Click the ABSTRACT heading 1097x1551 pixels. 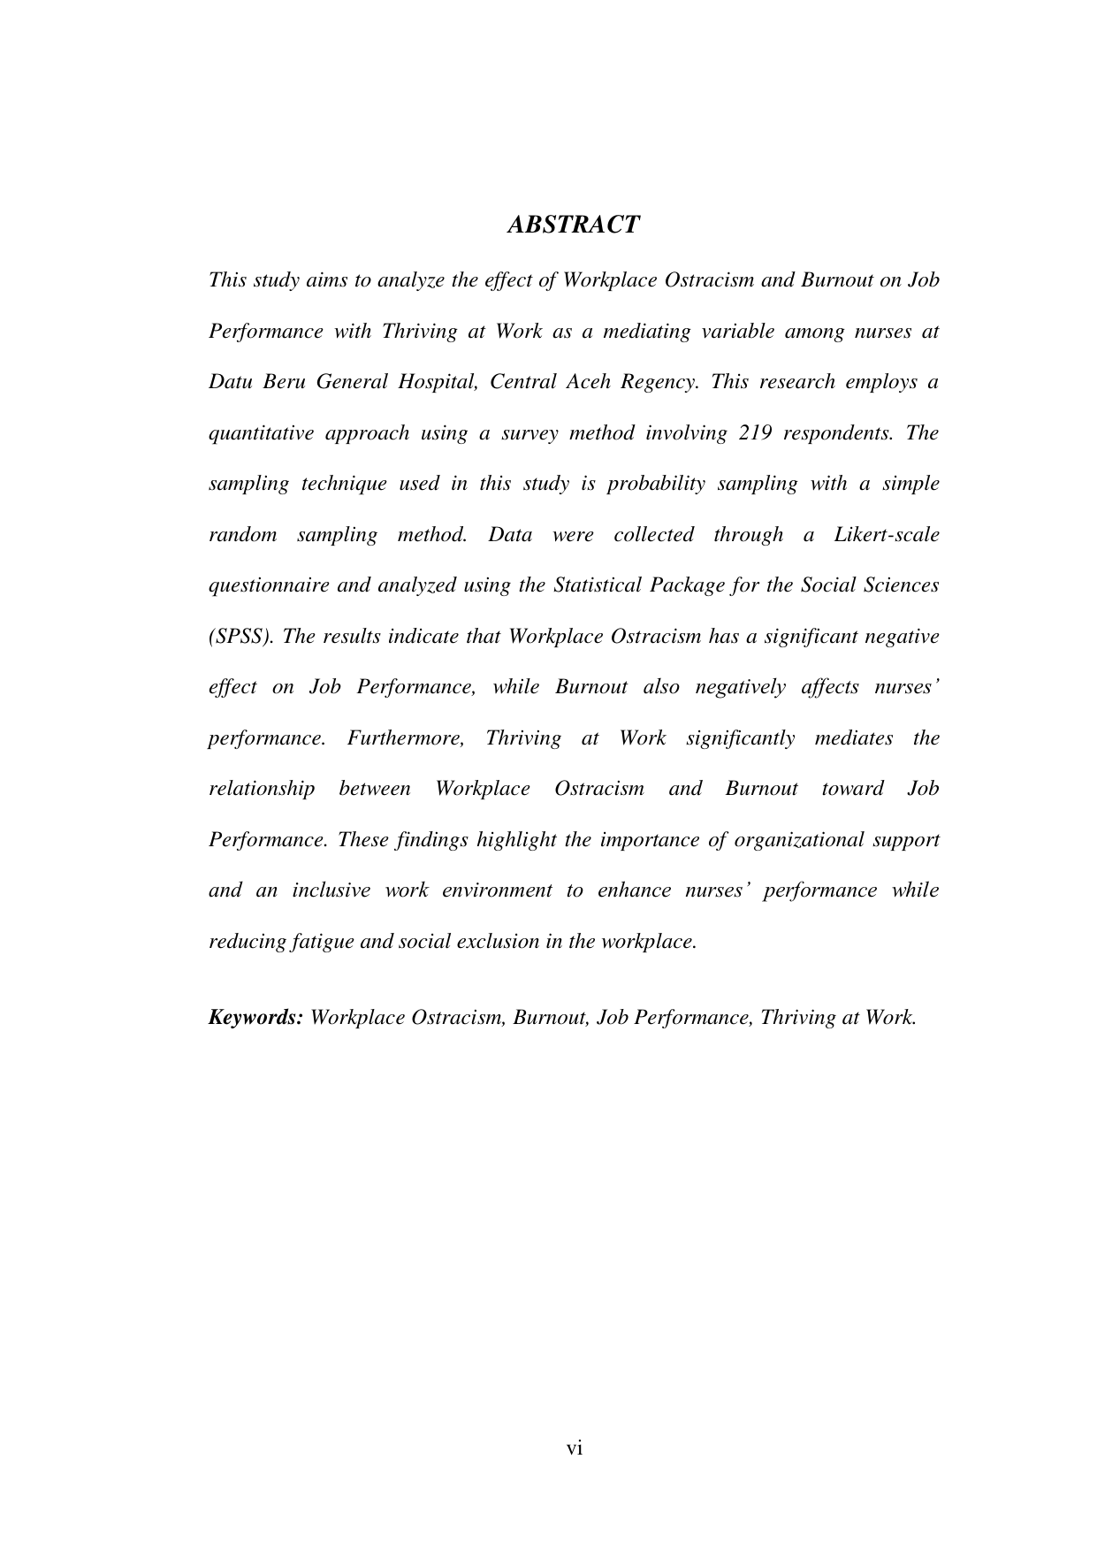(x=573, y=225)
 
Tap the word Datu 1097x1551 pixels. (x=228, y=382)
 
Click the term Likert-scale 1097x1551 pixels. (x=887, y=535)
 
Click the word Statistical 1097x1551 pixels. (x=598, y=585)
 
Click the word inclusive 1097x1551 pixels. (x=331, y=890)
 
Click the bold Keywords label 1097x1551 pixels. (x=255, y=1018)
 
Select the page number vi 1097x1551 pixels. (x=575, y=1448)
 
